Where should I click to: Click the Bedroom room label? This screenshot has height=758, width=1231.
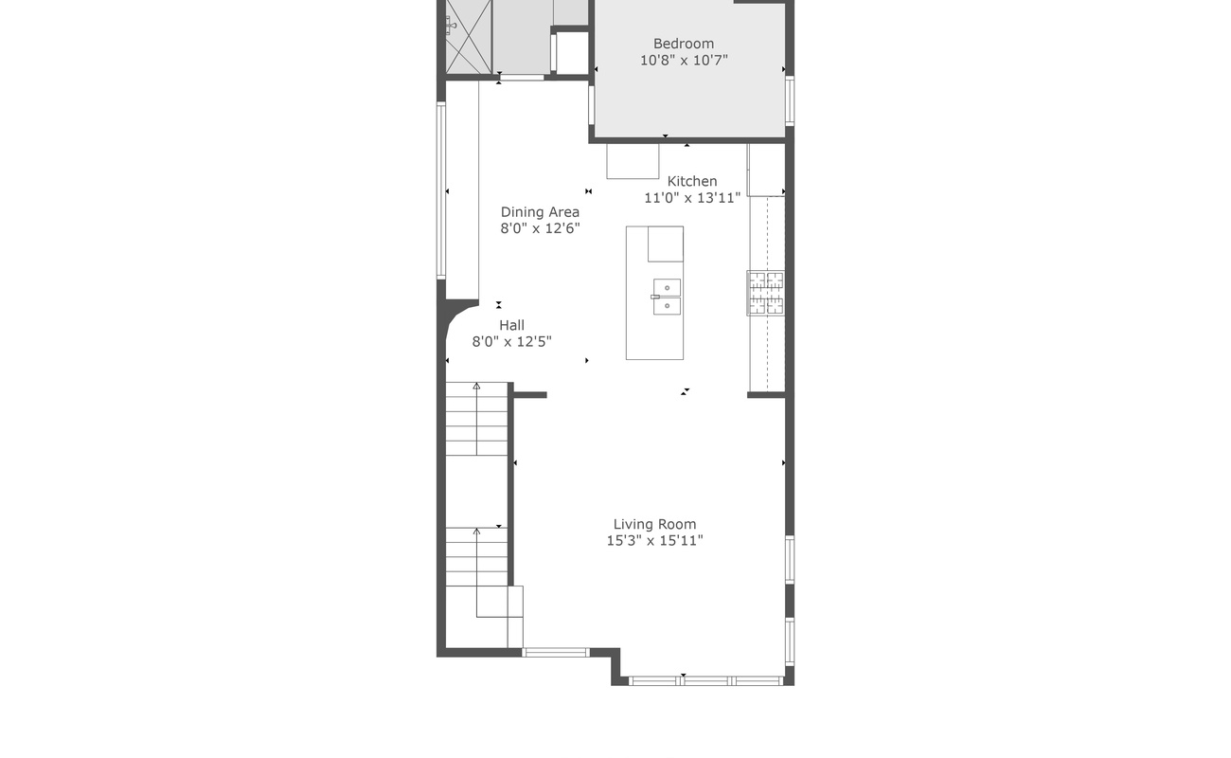684,44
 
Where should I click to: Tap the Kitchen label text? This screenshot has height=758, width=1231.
692,181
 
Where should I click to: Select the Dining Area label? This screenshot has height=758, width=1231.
540,212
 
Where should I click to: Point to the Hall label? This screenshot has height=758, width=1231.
511,325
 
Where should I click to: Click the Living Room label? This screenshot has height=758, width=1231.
654,524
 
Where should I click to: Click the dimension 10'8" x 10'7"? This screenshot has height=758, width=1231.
684,61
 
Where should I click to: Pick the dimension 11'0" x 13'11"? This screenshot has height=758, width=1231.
692,198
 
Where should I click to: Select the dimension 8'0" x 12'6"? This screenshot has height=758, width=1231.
540,228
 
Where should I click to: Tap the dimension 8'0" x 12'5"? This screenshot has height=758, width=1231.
511,342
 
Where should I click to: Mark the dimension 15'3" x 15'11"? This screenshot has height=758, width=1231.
654,541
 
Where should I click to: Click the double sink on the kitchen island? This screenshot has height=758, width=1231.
667,297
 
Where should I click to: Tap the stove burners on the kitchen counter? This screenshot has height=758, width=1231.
766,293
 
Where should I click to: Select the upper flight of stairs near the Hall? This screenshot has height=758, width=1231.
477,419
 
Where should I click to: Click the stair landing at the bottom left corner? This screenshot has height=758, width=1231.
484,617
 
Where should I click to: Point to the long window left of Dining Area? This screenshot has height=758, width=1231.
441,190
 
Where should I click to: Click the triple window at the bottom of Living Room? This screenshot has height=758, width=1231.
705,680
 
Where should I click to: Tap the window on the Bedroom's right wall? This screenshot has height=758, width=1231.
790,100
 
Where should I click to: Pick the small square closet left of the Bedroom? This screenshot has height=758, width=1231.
572,53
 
